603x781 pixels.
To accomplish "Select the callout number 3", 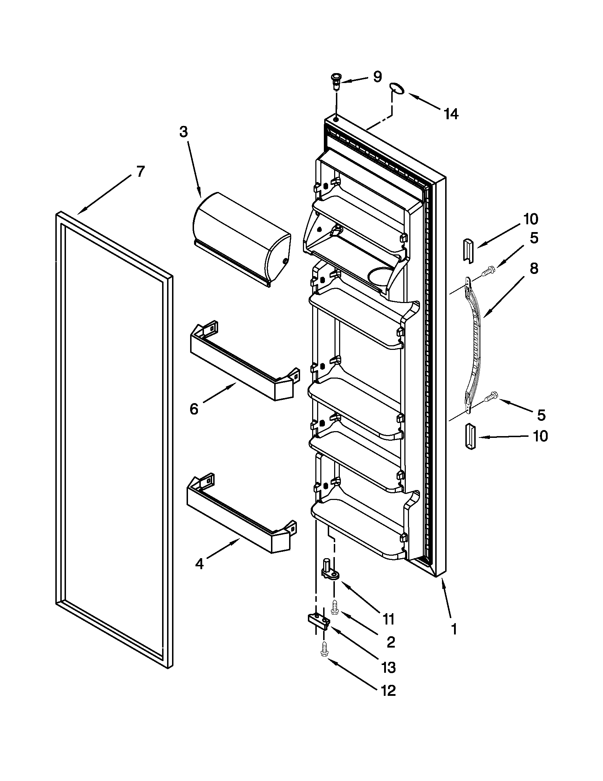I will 183,132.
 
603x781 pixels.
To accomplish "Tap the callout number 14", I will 451,114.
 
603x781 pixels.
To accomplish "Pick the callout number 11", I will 388,618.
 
